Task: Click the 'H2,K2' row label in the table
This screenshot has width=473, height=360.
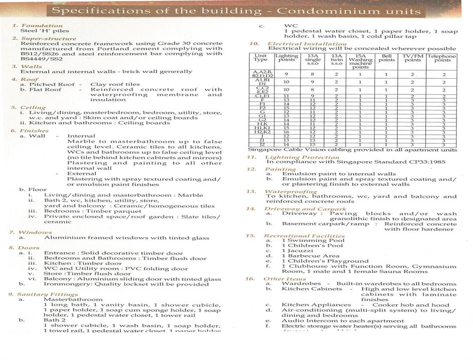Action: (260, 132)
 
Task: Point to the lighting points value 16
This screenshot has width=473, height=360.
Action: (286, 132)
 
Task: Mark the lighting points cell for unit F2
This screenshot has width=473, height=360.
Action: (286, 108)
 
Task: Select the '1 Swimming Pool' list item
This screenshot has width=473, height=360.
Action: (306, 240)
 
